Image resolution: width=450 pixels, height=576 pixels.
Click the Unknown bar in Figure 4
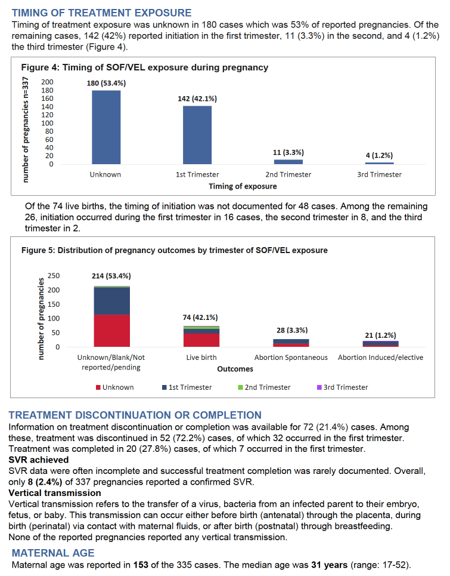[x=106, y=127]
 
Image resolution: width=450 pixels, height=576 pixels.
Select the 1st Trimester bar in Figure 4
[x=197, y=135]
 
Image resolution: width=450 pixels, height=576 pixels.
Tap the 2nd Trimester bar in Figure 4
[x=288, y=162]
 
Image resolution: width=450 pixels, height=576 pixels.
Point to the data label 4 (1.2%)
[x=379, y=155]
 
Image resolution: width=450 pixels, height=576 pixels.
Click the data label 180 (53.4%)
[x=106, y=84]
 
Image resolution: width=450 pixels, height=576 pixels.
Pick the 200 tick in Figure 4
[x=47, y=82]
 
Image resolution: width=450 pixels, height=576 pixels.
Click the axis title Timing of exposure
[x=243, y=186]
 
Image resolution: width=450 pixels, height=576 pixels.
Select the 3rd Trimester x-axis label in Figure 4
[x=380, y=174]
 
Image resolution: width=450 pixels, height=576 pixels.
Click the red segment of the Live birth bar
[x=201, y=340]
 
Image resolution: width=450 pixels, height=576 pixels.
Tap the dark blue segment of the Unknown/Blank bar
[x=112, y=301]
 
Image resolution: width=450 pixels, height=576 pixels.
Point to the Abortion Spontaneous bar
[x=291, y=343]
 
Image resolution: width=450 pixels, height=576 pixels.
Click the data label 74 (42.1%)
[x=200, y=318]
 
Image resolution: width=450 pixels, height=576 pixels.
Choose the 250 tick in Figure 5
[x=54, y=276]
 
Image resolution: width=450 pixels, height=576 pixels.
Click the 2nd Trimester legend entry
[x=264, y=387]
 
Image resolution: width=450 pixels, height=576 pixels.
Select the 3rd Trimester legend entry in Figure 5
[x=342, y=387]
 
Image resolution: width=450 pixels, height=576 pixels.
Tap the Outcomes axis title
[x=235, y=369]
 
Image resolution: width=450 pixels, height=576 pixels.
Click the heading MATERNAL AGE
[x=53, y=553]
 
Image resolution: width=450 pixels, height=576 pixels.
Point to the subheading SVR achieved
[x=39, y=460]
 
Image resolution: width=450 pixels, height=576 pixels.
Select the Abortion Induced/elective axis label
[x=380, y=358]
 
